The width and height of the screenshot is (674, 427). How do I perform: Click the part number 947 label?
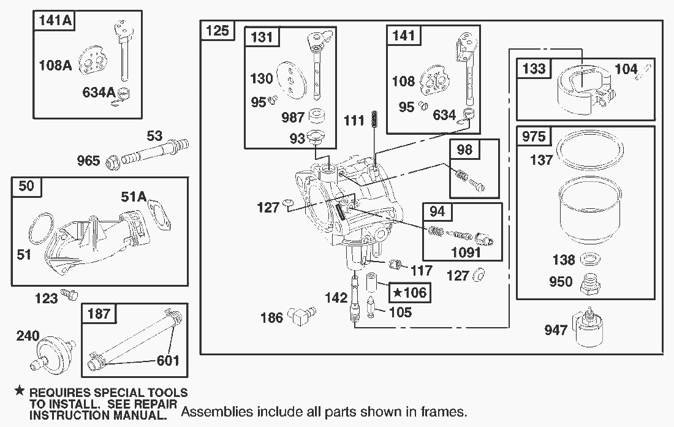point(556,331)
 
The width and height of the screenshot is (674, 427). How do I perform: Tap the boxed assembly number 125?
point(218,30)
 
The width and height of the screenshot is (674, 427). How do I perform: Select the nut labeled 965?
point(113,162)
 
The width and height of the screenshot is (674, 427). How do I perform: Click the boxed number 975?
point(534,135)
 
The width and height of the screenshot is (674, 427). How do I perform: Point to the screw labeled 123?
point(72,296)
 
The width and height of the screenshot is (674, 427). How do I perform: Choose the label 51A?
point(134,196)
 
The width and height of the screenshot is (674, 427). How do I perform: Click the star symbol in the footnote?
point(20,391)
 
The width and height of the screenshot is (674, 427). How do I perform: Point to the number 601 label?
point(168,360)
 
